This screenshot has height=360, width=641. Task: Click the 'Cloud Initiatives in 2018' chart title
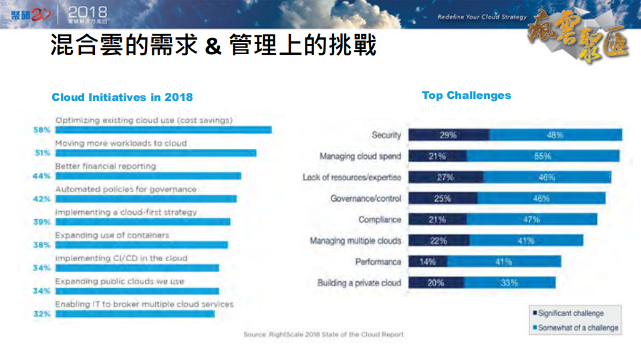pyautogui.click(x=122, y=97)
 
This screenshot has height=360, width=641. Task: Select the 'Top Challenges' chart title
pyautogui.click(x=466, y=95)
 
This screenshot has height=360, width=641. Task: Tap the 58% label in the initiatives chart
pyautogui.click(x=42, y=130)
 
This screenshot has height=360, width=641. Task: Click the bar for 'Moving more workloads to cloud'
pyautogui.click(x=154, y=153)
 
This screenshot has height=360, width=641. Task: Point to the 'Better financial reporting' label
pyautogui.click(x=105, y=166)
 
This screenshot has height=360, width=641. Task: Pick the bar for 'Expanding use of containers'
pyautogui.click(x=140, y=244)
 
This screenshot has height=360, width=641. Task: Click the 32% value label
pyautogui.click(x=42, y=313)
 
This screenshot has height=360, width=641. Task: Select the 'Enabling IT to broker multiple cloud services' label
pyautogui.click(x=144, y=304)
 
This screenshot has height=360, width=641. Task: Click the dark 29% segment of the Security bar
pyautogui.click(x=448, y=135)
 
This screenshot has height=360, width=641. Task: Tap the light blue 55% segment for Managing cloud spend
pyautogui.click(x=542, y=156)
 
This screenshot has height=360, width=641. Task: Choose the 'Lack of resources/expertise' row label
pyautogui.click(x=352, y=178)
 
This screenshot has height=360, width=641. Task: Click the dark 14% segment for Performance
pyautogui.click(x=427, y=262)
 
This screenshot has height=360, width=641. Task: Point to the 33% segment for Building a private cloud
pyautogui.click(x=509, y=283)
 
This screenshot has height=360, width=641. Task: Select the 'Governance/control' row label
pyautogui.click(x=366, y=198)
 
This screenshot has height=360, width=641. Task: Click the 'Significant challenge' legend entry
pyautogui.click(x=569, y=313)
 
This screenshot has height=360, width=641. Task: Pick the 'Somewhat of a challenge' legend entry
pyautogui.click(x=577, y=328)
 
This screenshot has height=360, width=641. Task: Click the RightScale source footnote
pyautogui.click(x=324, y=334)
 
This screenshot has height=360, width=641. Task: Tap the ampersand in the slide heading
pyautogui.click(x=213, y=47)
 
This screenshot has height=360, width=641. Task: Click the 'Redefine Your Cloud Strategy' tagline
pyautogui.click(x=482, y=17)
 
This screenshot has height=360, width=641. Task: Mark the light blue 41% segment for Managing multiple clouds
pyautogui.click(x=525, y=240)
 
